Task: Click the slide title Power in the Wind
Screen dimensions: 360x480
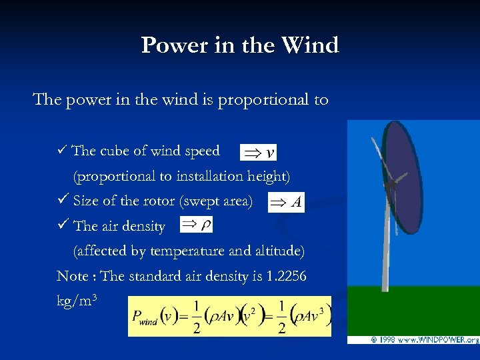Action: [x=240, y=45]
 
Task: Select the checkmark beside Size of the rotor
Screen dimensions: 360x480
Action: [x=63, y=201]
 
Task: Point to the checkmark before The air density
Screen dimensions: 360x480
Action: [x=63, y=225]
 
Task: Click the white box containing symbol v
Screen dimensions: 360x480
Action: [x=259, y=153]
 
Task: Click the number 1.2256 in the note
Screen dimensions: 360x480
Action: [x=286, y=276]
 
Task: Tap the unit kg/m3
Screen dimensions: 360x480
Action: [x=79, y=301]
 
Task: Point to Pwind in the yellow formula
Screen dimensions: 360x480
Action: [x=145, y=317]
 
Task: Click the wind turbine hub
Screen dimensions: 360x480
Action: [x=395, y=179]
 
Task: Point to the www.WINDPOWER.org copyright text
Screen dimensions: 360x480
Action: [x=423, y=340]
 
